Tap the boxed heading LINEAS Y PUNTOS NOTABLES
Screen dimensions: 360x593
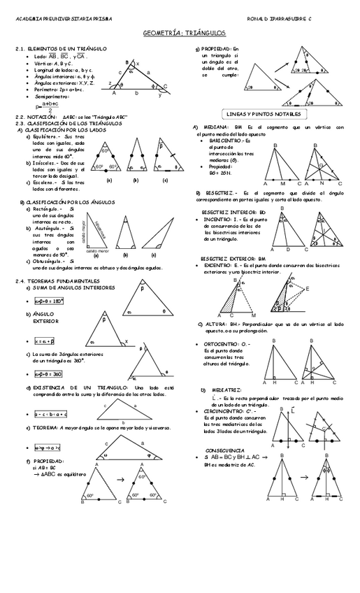tap(265, 113)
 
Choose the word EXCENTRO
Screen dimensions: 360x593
tap(219, 266)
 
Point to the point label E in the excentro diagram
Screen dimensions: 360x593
tap(308, 289)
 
